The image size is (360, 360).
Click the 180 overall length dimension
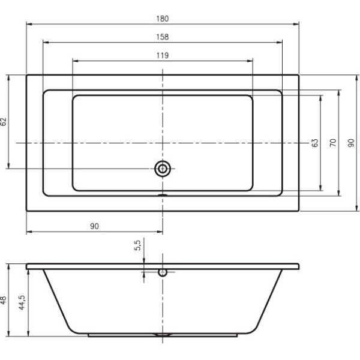click(x=163, y=19)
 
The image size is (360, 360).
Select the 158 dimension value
click(x=163, y=37)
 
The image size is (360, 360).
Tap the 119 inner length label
click(x=163, y=55)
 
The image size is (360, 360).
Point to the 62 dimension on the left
click(x=4, y=121)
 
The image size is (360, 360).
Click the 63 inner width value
click(x=315, y=143)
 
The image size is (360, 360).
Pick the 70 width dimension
click(x=333, y=143)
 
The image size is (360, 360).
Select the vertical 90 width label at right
click(x=351, y=143)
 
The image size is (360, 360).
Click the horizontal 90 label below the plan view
click(x=94, y=226)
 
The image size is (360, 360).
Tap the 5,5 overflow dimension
click(x=137, y=245)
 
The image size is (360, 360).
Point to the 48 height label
click(x=3, y=301)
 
